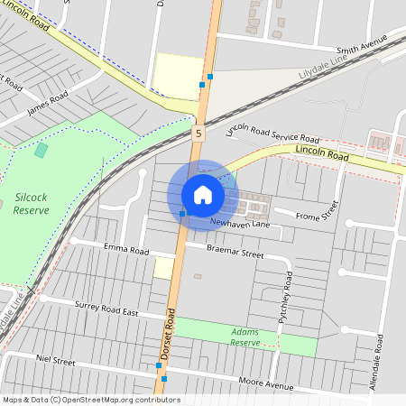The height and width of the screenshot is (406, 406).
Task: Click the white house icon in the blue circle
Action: pyautogui.click(x=203, y=194)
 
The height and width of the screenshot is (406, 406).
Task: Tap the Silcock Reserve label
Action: pyautogui.click(x=31, y=203)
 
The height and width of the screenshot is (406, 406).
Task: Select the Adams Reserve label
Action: pyautogui.click(x=245, y=337)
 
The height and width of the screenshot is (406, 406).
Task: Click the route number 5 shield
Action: pyautogui.click(x=198, y=133)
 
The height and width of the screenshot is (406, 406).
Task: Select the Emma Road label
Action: pyautogui.click(x=125, y=249)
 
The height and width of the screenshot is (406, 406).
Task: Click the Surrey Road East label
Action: pyautogui.click(x=106, y=309)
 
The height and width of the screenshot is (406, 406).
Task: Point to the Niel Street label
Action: pyautogui.click(x=54, y=361)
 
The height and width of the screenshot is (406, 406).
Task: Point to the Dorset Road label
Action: pyautogui.click(x=167, y=336)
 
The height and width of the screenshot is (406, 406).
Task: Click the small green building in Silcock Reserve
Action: pyautogui.click(x=41, y=149)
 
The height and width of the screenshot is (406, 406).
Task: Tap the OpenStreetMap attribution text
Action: pyautogui.click(x=90, y=400)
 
